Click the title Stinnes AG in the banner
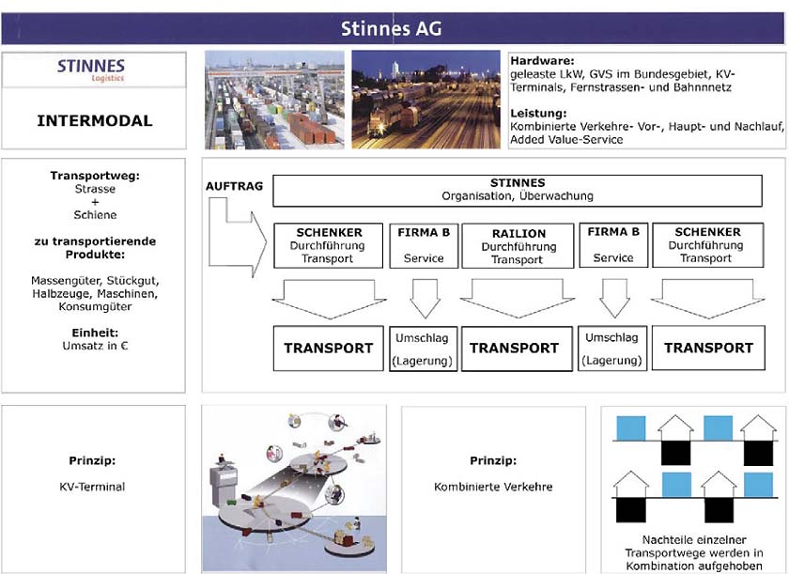pyautogui.click(x=391, y=29)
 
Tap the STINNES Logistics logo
pyautogui.click(x=91, y=70)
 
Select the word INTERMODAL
pyautogui.click(x=95, y=121)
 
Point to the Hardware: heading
pyautogui.click(x=542, y=61)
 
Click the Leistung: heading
pyautogui.click(x=538, y=113)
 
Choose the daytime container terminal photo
pyautogui.click(x=274, y=100)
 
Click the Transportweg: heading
pyautogui.click(x=95, y=176)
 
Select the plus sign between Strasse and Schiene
pyautogui.click(x=95, y=202)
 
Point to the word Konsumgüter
pyautogui.click(x=95, y=306)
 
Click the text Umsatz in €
pyautogui.click(x=95, y=346)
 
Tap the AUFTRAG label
pyautogui.click(x=234, y=186)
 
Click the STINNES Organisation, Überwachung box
pyautogui.click(x=518, y=190)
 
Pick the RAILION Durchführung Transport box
pyautogui.click(x=518, y=246)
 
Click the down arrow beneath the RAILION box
pyautogui.click(x=518, y=299)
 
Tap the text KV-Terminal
pyautogui.click(x=92, y=487)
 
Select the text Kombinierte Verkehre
pyautogui.click(x=493, y=487)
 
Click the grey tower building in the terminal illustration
pyautogui.click(x=224, y=485)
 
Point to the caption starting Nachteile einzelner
pyautogui.click(x=694, y=553)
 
